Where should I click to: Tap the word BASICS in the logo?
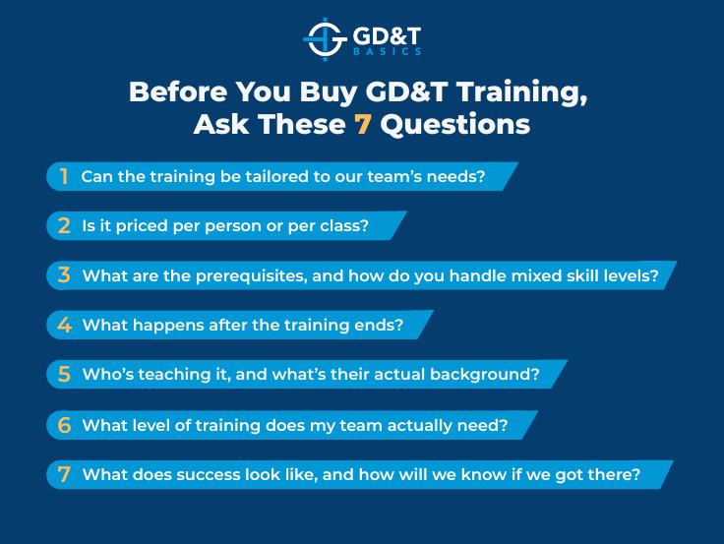click(x=389, y=51)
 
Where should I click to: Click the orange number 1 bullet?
click(x=64, y=177)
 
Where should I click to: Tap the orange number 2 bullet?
click(x=64, y=226)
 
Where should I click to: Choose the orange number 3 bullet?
click(x=64, y=276)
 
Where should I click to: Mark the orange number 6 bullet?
click(x=64, y=425)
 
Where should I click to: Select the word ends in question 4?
click(x=383, y=326)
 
